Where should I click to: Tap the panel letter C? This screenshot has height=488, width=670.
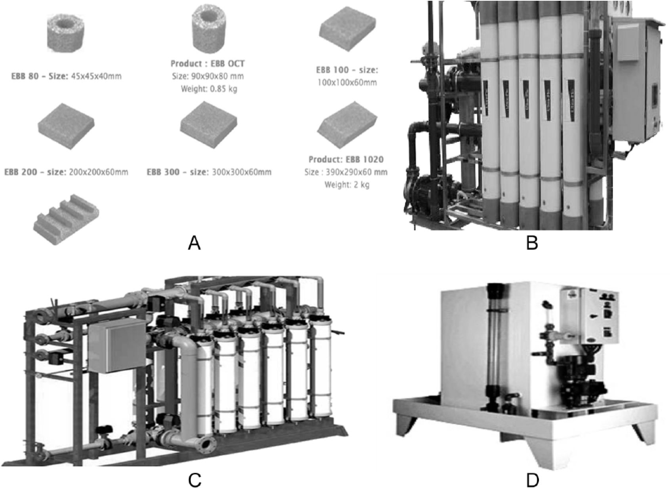pos(195,479)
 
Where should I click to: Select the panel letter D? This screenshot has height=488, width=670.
pos(533,479)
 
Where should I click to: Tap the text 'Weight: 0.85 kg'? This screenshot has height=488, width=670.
pos(209,89)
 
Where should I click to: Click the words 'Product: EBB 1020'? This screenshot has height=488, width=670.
pos(346,159)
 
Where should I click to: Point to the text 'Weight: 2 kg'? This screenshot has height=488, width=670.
pos(346,185)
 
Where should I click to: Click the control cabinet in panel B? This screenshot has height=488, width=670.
pos(637,79)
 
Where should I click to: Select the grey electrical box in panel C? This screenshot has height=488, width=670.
pos(116,345)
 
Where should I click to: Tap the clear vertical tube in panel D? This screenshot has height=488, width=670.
pos(494,349)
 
